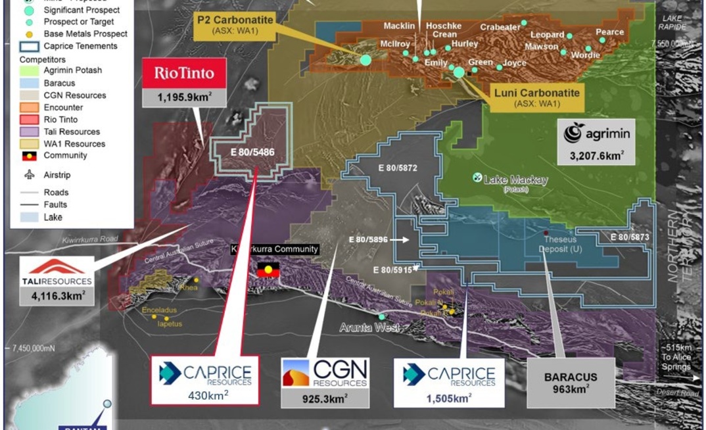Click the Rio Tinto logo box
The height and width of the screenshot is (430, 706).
(x=184, y=73)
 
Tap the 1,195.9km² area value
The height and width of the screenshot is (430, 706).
(x=184, y=97)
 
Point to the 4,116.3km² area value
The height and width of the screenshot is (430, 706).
(x=57, y=296)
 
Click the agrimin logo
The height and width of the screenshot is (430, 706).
(x=596, y=133)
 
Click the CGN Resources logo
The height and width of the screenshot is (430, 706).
(x=324, y=373)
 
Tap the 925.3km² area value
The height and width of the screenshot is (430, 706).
(x=324, y=398)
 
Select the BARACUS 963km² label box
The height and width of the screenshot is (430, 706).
(x=571, y=382)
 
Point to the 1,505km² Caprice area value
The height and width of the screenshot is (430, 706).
(x=450, y=397)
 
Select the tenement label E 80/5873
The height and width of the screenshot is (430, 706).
(x=629, y=236)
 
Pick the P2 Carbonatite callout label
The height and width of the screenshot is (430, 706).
(x=235, y=25)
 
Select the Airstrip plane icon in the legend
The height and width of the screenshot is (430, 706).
(x=29, y=176)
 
